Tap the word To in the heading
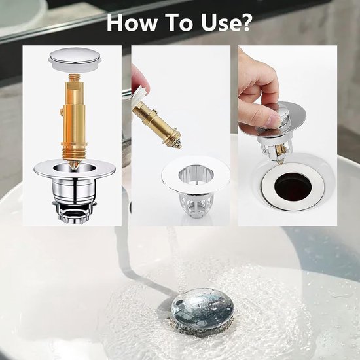(x=179, y=23)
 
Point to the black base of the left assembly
(x=72, y=215)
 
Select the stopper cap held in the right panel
(x=291, y=121)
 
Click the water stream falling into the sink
(x=171, y=255)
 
